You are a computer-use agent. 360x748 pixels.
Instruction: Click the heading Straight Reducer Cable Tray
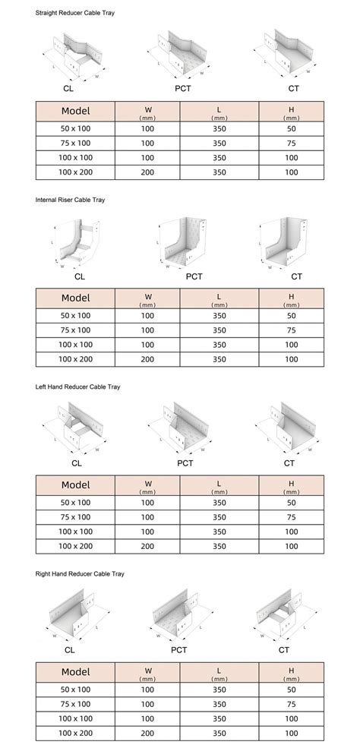click(x=75, y=14)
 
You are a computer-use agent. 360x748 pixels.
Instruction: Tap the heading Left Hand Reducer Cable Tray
click(x=78, y=387)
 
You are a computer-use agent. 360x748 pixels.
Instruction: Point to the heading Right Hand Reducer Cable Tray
click(x=80, y=573)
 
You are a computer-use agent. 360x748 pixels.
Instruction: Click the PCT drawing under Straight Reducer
click(x=180, y=58)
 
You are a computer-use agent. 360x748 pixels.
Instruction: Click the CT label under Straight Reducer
click(x=292, y=90)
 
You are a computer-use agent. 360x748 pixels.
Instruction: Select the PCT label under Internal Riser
click(x=194, y=276)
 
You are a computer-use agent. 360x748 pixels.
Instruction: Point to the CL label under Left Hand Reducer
click(x=77, y=463)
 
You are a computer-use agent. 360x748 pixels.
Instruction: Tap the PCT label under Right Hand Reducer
click(x=179, y=650)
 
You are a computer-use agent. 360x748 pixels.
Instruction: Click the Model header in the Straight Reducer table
click(x=75, y=112)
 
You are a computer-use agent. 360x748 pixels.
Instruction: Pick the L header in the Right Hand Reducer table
click(x=219, y=672)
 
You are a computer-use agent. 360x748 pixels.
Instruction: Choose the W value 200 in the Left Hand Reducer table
click(x=147, y=546)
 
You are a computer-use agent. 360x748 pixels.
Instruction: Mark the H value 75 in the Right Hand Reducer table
click(x=291, y=703)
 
